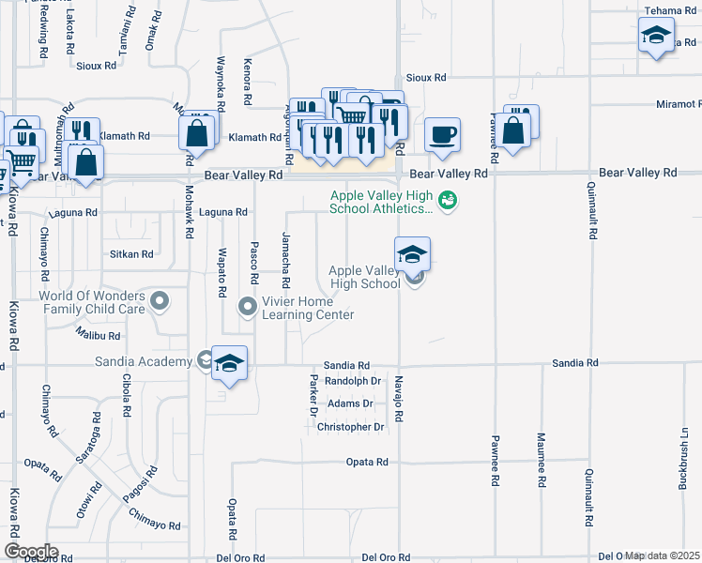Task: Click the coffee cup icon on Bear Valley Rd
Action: click(442, 133)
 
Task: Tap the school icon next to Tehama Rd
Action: click(655, 37)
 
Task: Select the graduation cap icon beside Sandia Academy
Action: click(229, 363)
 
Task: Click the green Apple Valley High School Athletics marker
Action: click(449, 200)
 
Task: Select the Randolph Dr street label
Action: click(352, 381)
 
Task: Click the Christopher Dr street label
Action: click(351, 427)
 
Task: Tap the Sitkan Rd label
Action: click(131, 254)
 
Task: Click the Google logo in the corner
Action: click(31, 552)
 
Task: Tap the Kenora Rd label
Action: click(249, 82)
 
